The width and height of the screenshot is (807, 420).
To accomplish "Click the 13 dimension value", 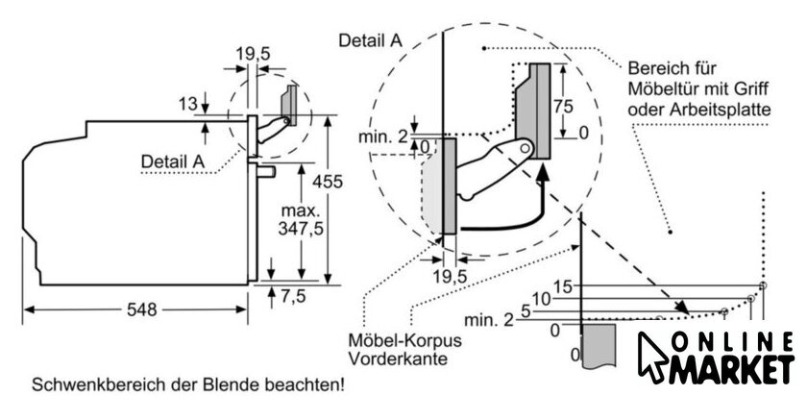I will [x=189, y=103].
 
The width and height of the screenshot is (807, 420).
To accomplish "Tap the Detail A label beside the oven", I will [x=173, y=161].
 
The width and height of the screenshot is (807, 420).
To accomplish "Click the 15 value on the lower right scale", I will [x=563, y=285].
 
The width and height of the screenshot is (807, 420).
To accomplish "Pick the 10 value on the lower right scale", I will [x=541, y=299].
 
